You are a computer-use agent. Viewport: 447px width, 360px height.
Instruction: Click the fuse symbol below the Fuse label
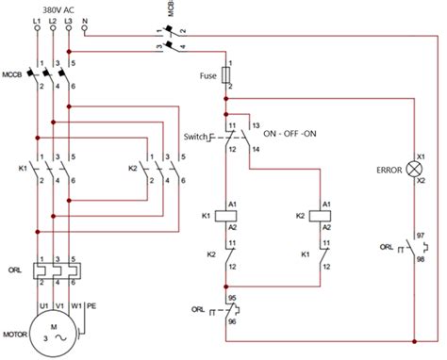pos(228,76)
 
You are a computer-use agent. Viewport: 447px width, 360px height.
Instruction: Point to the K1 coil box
pos(228,215)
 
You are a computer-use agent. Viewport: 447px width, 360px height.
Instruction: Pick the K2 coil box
pos(323,215)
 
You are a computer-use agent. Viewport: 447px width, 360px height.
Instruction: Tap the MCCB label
pos(13,74)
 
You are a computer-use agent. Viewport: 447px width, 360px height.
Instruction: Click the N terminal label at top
pos(86,19)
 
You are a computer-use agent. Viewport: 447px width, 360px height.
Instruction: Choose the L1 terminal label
pos(36,19)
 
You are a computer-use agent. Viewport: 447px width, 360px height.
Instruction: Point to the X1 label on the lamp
pos(422,156)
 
